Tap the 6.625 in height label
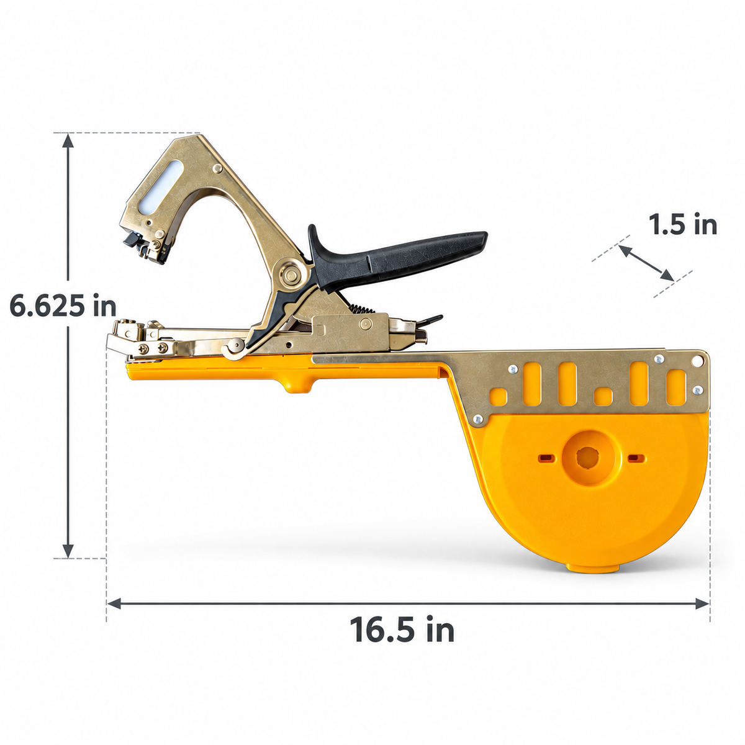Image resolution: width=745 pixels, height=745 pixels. [x=63, y=305]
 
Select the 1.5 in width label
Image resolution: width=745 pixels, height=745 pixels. [x=683, y=224]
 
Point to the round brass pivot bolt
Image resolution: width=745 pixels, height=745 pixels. [x=290, y=275]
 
